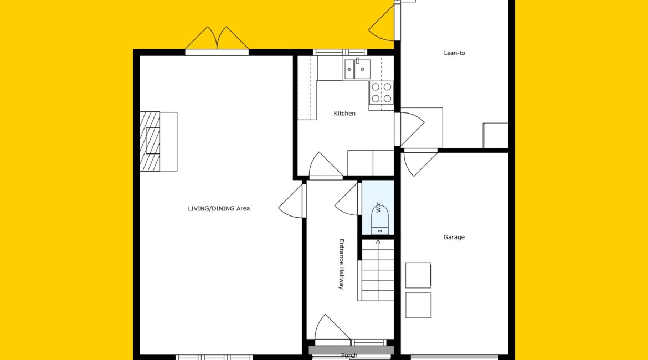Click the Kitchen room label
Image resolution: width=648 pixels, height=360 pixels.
coord(344,113)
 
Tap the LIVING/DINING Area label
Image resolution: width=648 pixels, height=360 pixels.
coord(219,208)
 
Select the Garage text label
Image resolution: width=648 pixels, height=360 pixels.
coord(454,237)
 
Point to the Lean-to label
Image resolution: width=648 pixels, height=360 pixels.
coord(454,53)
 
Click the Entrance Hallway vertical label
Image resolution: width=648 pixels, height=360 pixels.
coord(341,264)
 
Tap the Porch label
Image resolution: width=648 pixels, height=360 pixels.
coord(349,356)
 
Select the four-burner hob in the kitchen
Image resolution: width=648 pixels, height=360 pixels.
coord(381,93)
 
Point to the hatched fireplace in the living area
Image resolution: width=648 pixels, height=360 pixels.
coord(150,141)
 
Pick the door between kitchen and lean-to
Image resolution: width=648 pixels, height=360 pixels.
coord(411,128)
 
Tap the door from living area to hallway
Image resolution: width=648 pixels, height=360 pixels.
coord(292,202)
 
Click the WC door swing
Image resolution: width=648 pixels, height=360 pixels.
coord(346,199)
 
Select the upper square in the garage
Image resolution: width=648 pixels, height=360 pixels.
coord(418,275)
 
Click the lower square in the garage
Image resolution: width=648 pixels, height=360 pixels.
coord(418,305)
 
